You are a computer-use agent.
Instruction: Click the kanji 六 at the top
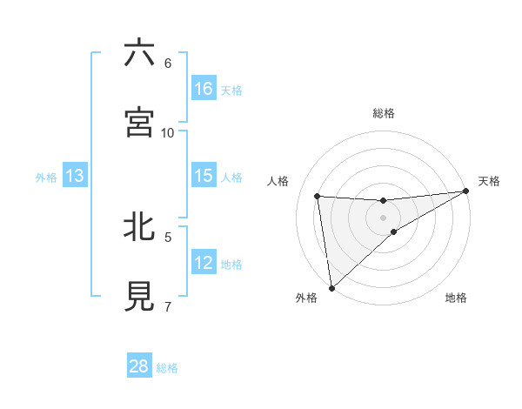[139, 53]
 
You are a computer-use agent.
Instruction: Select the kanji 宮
[139, 122]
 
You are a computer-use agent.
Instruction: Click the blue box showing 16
[204, 89]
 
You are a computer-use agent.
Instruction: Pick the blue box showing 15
[204, 176]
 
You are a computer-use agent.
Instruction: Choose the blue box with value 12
[204, 263]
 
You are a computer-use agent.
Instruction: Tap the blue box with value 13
[75, 176]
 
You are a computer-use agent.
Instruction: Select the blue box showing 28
[139, 366]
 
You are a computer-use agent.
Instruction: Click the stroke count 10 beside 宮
[168, 132]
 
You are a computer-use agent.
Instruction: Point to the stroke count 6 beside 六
[168, 63]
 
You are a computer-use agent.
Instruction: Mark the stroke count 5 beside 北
[168, 236]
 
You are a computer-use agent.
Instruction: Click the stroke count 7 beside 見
[168, 305]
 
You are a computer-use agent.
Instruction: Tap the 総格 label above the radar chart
[384, 113]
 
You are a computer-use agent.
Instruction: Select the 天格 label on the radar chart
[489, 181]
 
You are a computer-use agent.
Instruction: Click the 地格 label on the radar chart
[456, 298]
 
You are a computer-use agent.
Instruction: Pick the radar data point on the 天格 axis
[466, 191]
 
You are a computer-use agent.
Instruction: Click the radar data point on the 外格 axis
[331, 288]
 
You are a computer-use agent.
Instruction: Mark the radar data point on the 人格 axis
[318, 196]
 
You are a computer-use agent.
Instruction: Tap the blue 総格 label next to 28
[167, 368]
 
